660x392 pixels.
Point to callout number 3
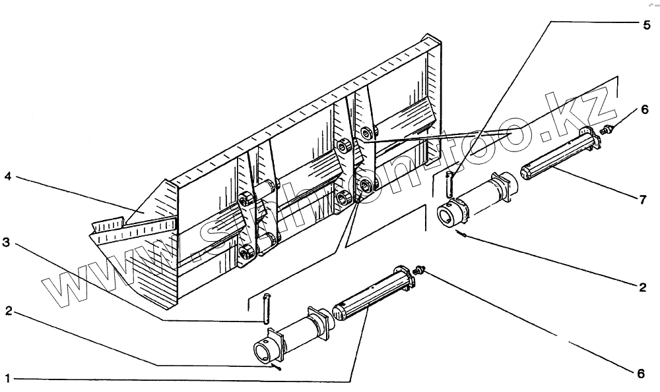[x=6, y=243]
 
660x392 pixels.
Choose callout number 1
[x=7, y=378]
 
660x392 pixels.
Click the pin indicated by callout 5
[x=449, y=184]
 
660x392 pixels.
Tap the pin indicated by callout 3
[x=267, y=308]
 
